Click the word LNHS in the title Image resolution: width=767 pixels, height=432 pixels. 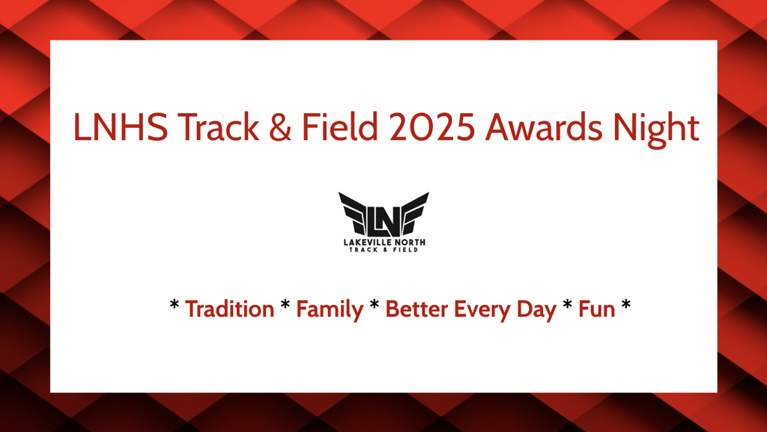tap(121, 127)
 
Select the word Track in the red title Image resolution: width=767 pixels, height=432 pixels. tap(218, 127)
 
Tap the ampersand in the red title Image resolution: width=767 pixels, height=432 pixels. tap(280, 127)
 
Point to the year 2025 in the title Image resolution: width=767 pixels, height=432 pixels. tap(432, 127)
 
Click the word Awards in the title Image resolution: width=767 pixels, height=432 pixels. tap(544, 127)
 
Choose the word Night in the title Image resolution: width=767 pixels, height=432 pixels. tap(656, 130)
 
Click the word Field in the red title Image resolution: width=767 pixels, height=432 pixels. tap(341, 127)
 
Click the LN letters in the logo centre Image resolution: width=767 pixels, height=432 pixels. tap(384, 222)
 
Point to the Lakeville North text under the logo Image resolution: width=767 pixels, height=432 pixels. tap(384, 243)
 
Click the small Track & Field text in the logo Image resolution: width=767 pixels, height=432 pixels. tap(383, 250)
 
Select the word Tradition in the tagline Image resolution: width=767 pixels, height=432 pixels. tap(229, 309)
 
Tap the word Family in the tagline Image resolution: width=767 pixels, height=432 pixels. tap(330, 310)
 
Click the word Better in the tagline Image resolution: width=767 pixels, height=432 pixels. tap(416, 309)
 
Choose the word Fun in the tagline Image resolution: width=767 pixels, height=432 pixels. tap(597, 309)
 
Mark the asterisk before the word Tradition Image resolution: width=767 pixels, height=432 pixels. tap(174, 305)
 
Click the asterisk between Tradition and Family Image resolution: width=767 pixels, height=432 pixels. tap(285, 305)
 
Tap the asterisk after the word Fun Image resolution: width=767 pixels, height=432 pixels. tap(625, 305)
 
